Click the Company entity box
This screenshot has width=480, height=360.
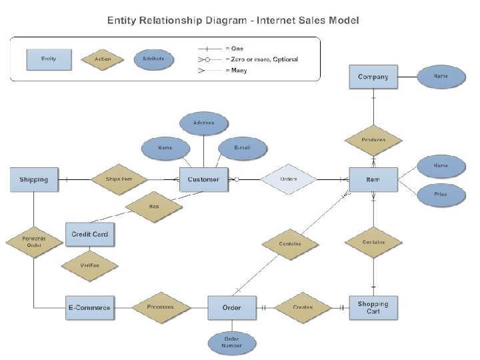(373, 77)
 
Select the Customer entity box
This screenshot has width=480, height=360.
(203, 179)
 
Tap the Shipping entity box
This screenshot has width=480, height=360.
(33, 179)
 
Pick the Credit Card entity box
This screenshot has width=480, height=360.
(89, 234)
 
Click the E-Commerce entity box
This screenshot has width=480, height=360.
(89, 307)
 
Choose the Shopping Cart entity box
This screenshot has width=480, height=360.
(373, 307)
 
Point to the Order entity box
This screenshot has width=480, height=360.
(231, 307)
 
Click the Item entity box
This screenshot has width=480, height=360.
(373, 179)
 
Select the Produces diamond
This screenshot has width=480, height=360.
(373, 140)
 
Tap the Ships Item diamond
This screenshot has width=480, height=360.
(118, 179)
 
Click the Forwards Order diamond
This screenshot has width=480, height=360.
(33, 241)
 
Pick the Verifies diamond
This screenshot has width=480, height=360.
(89, 265)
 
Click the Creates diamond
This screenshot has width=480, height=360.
(303, 307)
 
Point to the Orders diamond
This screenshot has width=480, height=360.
(288, 179)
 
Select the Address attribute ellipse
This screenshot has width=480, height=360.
(203, 123)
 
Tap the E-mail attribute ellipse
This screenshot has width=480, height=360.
(243, 148)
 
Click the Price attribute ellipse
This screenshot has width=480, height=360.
(440, 195)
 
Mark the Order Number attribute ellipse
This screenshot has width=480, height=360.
(231, 342)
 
